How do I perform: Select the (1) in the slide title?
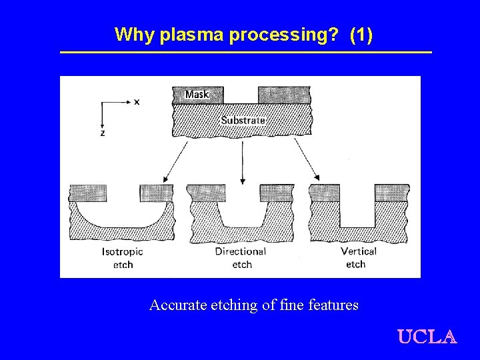361,35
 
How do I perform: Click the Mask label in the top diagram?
197,95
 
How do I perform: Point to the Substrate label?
243,121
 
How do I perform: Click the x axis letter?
137,102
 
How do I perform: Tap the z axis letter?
102,133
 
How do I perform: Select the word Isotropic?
123,252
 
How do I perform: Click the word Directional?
241,252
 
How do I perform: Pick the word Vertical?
358,252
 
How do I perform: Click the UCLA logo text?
427,337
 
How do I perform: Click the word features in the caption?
333,305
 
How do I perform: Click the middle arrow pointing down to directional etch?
242,160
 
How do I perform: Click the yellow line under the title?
246,52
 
